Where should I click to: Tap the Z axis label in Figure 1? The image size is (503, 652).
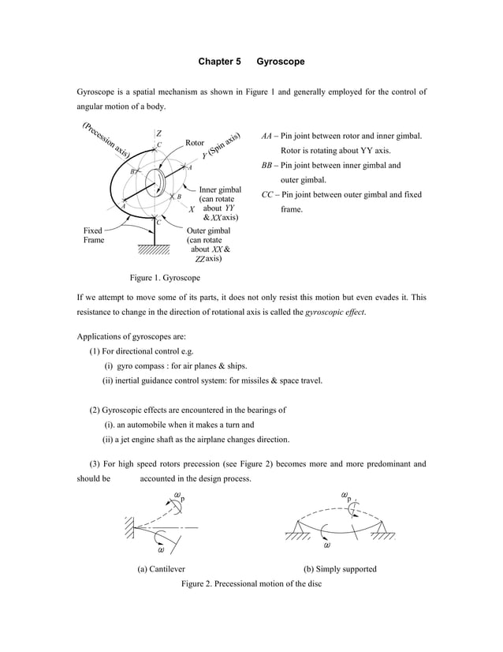tap(158, 133)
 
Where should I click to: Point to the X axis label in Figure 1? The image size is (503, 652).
tap(192, 209)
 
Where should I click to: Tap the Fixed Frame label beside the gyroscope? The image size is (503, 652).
tap(94, 234)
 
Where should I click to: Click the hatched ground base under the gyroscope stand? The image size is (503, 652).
tap(153, 251)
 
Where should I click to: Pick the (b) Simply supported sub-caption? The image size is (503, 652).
tap(340, 568)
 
